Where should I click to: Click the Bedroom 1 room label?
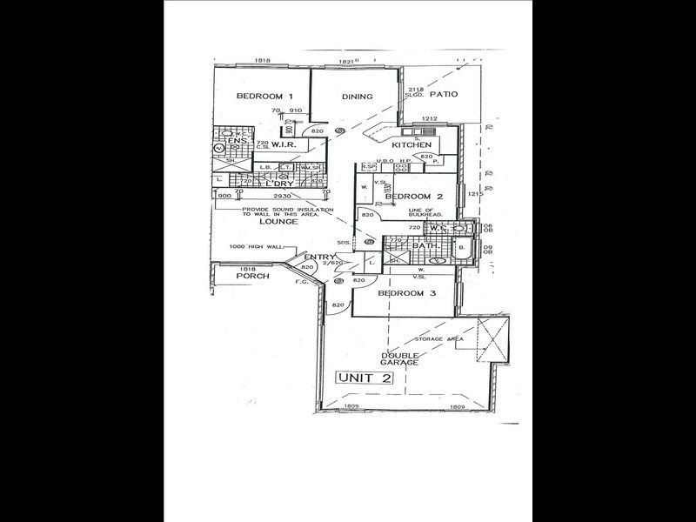[x=261, y=97]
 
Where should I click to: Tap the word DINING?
[x=357, y=97]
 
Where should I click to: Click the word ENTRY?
[x=320, y=257]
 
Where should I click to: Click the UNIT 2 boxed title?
[x=365, y=378]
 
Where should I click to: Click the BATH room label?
[x=425, y=245]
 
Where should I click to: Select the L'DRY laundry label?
[x=279, y=184]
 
